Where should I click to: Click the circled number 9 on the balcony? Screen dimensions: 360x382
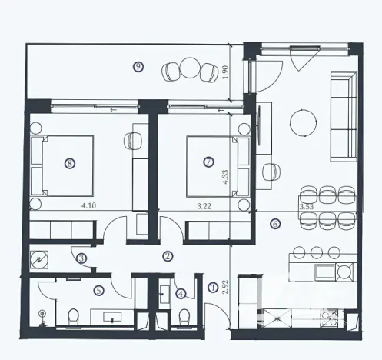point(138,67)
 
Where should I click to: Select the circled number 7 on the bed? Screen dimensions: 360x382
point(208,162)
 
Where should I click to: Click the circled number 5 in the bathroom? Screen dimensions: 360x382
point(98,291)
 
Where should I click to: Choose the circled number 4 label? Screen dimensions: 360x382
point(181,292)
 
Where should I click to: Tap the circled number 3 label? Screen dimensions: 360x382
point(81,259)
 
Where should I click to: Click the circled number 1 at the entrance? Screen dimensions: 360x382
point(213,288)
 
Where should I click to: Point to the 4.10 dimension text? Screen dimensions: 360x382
point(88,205)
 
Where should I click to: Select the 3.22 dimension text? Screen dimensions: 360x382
point(204,205)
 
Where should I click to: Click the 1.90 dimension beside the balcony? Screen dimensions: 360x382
point(225,72)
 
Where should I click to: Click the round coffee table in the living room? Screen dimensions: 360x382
point(302,120)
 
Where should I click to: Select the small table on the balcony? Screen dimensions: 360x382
point(188,70)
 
